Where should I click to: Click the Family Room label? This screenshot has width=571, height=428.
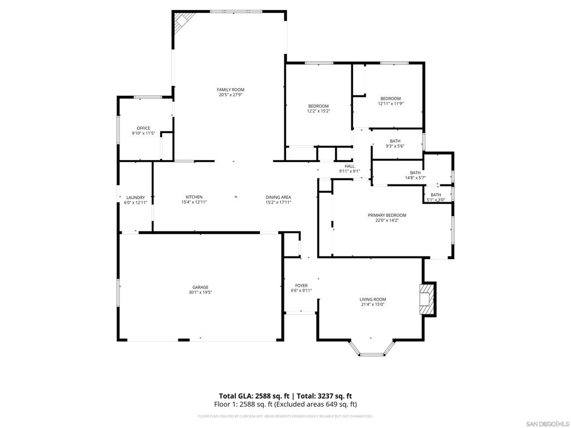230,90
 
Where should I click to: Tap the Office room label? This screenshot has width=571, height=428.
143,128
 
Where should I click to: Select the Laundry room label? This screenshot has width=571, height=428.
136,197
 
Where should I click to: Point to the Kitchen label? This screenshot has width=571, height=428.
194,197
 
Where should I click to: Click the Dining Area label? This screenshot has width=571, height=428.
278,197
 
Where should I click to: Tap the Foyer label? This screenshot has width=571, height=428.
301,285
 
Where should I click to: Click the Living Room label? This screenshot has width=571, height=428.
372,299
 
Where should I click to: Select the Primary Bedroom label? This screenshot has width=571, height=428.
386,215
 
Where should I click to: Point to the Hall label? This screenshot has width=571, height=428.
350,166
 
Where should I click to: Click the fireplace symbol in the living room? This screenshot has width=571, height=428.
427,299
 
